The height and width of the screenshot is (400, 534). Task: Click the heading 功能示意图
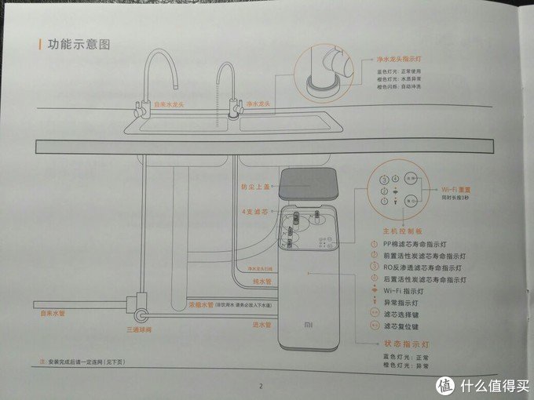(x=79, y=45)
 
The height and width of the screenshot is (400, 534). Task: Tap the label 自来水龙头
(x=170, y=103)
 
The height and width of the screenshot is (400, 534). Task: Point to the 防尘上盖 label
(x=256, y=187)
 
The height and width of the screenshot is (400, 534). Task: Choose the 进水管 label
(x=262, y=324)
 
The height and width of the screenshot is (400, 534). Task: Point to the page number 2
(x=262, y=385)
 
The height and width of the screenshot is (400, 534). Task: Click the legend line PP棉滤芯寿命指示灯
(x=422, y=245)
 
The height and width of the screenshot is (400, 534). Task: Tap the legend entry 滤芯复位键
(x=404, y=323)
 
